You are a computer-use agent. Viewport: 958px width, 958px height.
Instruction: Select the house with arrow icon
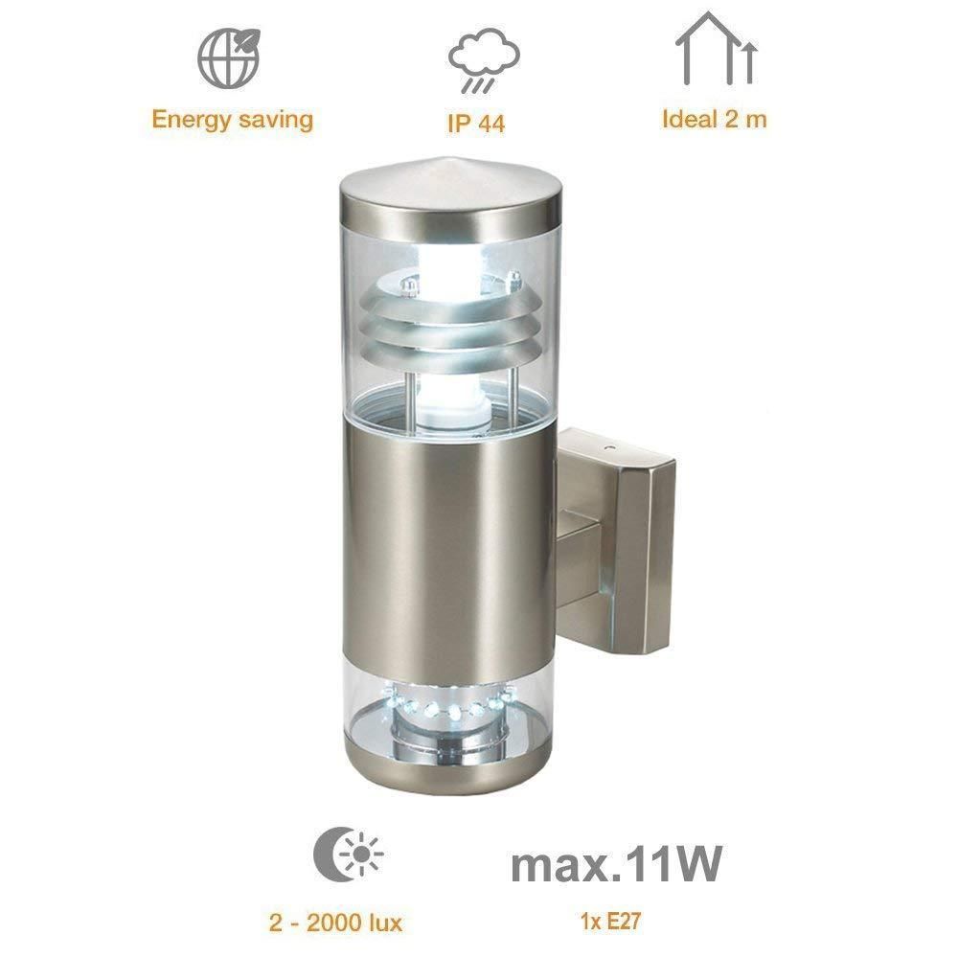pos(716,48)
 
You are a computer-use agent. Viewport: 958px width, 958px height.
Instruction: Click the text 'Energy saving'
pos(232,120)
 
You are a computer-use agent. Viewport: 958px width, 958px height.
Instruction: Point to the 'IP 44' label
pos(476,124)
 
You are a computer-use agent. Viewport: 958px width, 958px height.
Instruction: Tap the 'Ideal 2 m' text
pos(715,119)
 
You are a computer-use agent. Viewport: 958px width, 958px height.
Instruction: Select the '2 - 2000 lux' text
pos(335,923)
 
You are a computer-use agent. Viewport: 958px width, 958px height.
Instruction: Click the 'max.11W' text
pos(616,863)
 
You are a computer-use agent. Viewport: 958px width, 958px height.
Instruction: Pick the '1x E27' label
pos(610,921)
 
